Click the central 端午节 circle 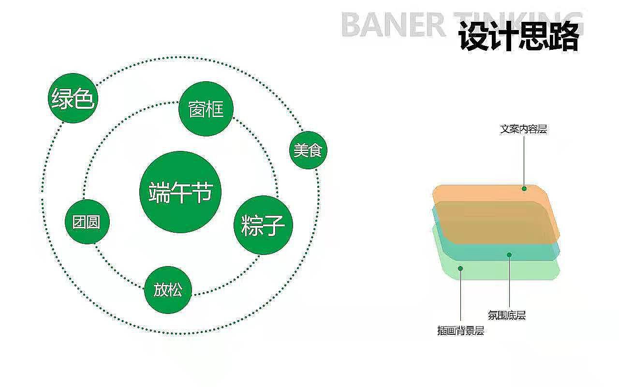coord(180,192)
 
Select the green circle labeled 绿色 coord(73,98)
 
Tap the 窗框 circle coord(206,109)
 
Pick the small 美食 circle coord(308,150)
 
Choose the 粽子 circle coord(264,225)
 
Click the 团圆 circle coord(87,222)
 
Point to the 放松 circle coord(168,290)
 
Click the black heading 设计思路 coord(518,37)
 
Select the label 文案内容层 coord(523,129)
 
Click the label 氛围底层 coord(506,316)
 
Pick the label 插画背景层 coord(460,331)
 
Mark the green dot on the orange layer coord(524,189)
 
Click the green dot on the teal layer coord(509,254)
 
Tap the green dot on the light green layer coord(460,268)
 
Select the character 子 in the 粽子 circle coord(275,225)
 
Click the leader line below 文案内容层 coord(524,160)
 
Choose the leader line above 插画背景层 coord(460,298)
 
